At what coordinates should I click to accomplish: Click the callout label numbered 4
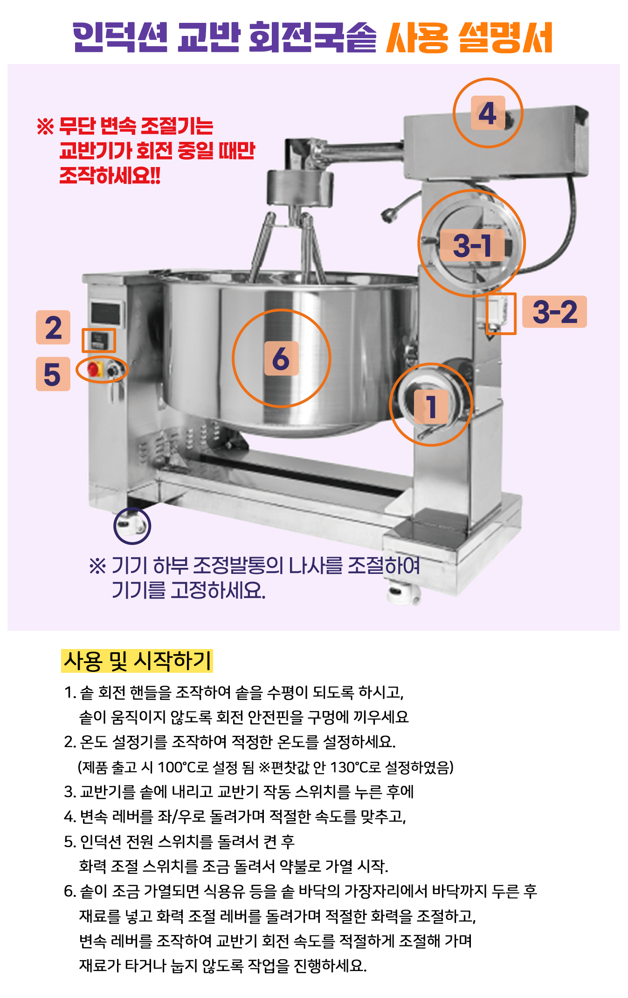pos(488,113)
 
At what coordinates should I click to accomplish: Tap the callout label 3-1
pos(472,245)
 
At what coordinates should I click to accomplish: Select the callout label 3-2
pos(554,312)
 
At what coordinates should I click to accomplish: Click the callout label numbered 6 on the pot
pos(281,358)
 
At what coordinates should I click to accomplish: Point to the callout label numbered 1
pos(431,407)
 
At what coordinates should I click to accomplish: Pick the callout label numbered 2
pos(53,328)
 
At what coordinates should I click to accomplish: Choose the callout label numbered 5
pos(53,374)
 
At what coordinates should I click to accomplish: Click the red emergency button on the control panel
pos(93,370)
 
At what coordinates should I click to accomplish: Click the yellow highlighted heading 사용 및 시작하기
pos(137,661)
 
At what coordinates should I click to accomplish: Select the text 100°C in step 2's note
pos(176,767)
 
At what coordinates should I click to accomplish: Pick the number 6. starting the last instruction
pos(70,892)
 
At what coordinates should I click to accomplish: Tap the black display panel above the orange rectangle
pos(107,313)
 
